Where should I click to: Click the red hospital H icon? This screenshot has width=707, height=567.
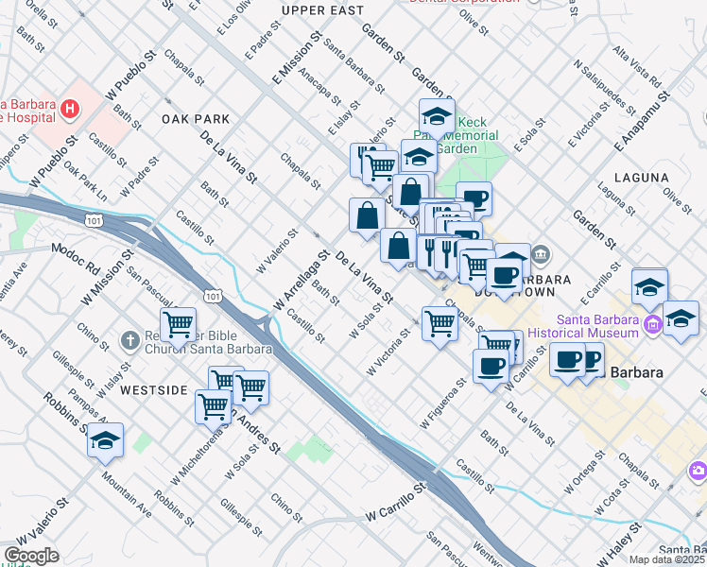point(69,110)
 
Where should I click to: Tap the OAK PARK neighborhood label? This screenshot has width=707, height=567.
point(196,119)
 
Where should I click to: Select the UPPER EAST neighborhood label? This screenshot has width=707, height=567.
point(322,9)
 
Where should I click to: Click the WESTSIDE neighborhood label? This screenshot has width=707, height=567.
point(155,389)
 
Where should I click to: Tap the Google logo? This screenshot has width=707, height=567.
point(31,556)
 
